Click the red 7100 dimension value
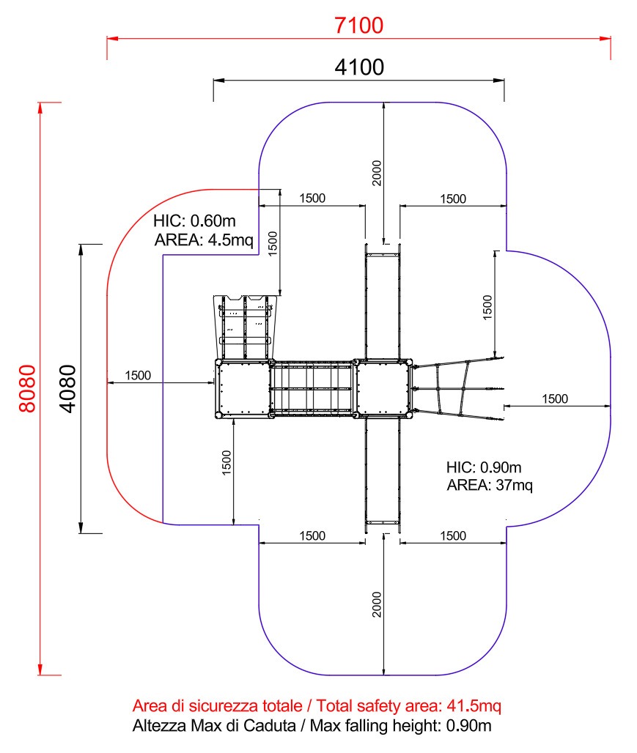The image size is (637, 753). pos(358,26)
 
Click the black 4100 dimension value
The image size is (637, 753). pos(359,67)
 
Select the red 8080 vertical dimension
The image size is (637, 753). pos(27,388)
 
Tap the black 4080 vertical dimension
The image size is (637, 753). pos(67,388)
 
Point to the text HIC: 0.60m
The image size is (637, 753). pos(195,221)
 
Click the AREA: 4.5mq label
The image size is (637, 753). pos(204,240)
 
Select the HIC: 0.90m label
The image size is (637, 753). pos(484,467)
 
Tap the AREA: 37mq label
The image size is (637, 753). pos(490,486)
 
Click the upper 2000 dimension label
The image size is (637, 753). pos(377,173)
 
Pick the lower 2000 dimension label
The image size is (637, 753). pos(377,604)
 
